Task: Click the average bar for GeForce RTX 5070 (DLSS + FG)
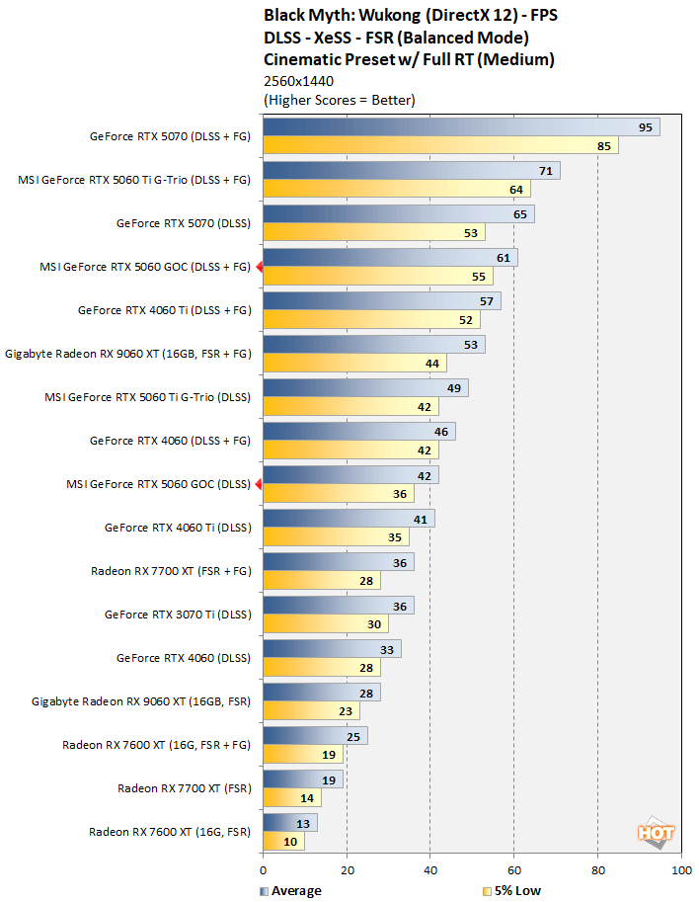click(460, 127)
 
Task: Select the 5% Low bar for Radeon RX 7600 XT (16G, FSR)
click(283, 842)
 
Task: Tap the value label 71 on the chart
click(544, 171)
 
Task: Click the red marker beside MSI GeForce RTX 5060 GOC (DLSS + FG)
click(259, 267)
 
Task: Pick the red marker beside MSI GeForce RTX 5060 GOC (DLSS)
click(259, 484)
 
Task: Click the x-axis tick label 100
click(680, 870)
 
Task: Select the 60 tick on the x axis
click(513, 870)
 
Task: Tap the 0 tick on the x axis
click(263, 870)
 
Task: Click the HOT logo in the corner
click(656, 834)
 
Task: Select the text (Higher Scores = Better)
click(340, 100)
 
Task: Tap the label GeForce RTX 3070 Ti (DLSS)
click(178, 615)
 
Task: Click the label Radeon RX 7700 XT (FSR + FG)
click(171, 571)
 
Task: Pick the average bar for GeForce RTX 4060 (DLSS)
click(331, 649)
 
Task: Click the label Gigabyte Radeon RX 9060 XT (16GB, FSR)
click(141, 701)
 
